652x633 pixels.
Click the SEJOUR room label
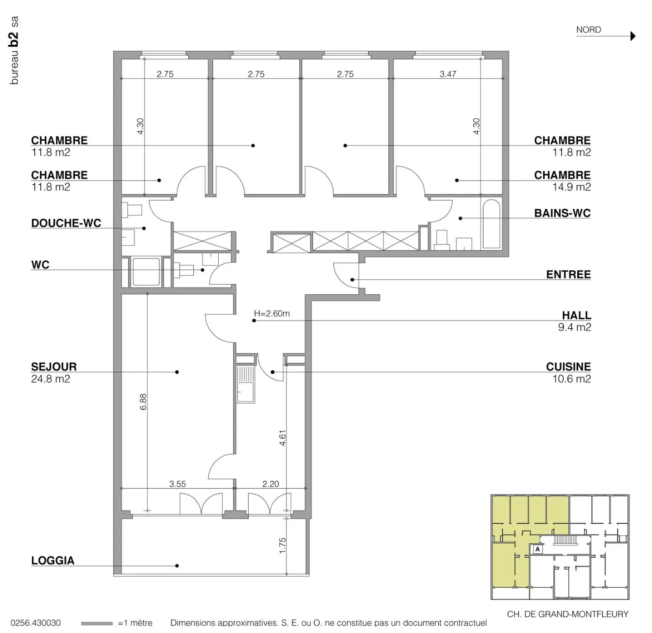54,367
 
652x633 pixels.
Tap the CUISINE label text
568,367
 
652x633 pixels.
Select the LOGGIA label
53,561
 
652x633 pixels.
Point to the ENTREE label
568,274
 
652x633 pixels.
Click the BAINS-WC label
562,213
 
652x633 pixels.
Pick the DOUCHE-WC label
66,223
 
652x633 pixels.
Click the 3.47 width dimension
448,74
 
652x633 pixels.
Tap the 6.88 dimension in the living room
143,402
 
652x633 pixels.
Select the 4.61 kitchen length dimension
283,438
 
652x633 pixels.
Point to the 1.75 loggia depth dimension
283,546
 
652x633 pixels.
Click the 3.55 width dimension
177,484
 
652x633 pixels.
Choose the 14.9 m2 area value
571,187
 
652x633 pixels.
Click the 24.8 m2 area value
51,379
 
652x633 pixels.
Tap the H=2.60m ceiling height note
272,313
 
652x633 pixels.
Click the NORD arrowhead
633,36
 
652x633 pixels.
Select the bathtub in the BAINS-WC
492,224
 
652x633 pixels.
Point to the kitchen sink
245,384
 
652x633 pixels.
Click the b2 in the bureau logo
14,39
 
